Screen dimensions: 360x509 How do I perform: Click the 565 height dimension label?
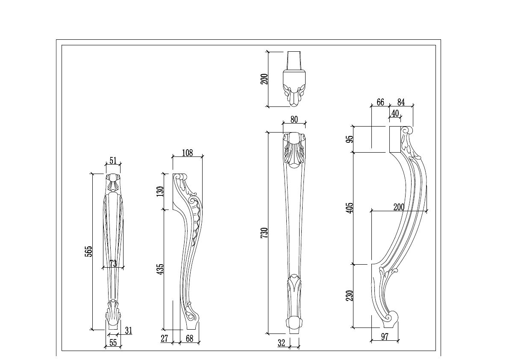(x=88, y=251)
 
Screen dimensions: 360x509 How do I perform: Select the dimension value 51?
(x=113, y=161)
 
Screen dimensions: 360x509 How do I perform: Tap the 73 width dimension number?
(x=113, y=263)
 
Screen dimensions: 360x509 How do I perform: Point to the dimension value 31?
(x=128, y=330)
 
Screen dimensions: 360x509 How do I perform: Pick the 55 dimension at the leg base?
(x=113, y=342)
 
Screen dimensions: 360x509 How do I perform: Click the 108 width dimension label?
(x=187, y=153)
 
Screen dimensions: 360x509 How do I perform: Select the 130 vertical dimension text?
(x=160, y=191)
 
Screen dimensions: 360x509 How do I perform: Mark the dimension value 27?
(x=165, y=339)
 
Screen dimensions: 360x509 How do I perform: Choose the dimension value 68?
(x=190, y=339)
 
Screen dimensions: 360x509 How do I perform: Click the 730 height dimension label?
(x=264, y=232)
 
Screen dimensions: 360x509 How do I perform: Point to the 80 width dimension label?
(x=294, y=120)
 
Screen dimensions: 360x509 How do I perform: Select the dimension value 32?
(x=281, y=342)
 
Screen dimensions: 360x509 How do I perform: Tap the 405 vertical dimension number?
(x=350, y=208)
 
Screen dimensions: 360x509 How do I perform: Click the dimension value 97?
(x=385, y=337)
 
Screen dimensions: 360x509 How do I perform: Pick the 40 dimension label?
(x=395, y=113)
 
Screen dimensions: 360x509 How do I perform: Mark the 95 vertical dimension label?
(x=350, y=139)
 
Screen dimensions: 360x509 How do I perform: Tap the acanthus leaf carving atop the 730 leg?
(x=294, y=153)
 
